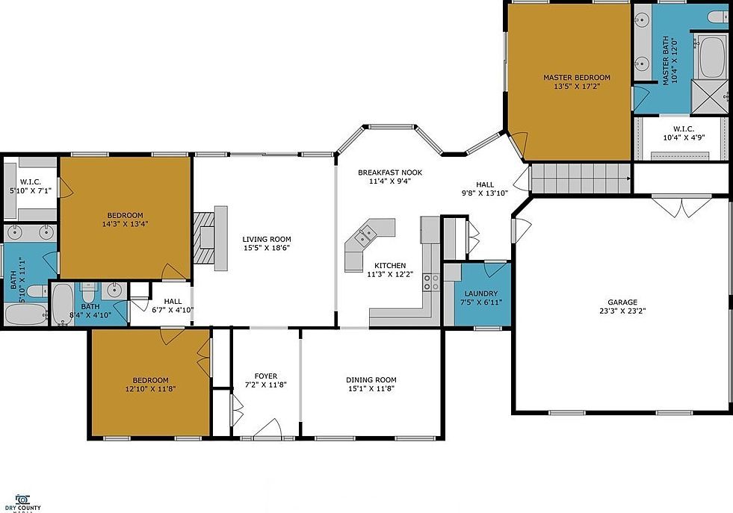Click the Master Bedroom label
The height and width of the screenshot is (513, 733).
click(576, 78)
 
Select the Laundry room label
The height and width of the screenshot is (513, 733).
click(476, 294)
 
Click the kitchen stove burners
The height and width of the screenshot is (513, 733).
click(432, 282)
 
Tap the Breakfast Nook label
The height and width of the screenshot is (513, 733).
click(384, 172)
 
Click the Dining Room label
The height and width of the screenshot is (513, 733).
click(371, 379)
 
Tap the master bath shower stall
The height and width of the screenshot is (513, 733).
click(708, 95)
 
